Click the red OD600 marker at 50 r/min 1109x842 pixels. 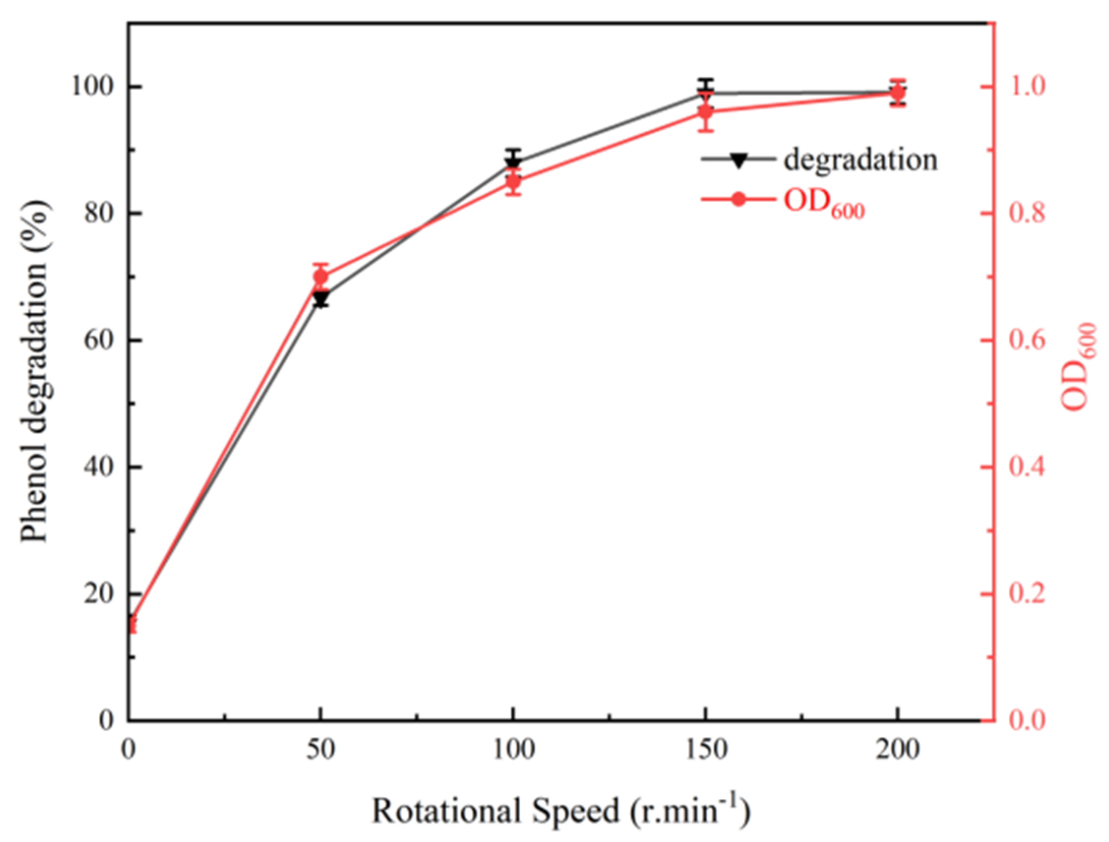point(321,277)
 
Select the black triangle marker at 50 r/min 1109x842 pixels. point(321,300)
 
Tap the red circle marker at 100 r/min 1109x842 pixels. point(513,181)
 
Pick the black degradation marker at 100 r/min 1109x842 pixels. point(513,162)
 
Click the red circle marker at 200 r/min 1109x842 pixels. point(898,93)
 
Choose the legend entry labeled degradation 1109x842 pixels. point(860,160)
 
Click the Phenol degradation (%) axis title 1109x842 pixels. point(35,371)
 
